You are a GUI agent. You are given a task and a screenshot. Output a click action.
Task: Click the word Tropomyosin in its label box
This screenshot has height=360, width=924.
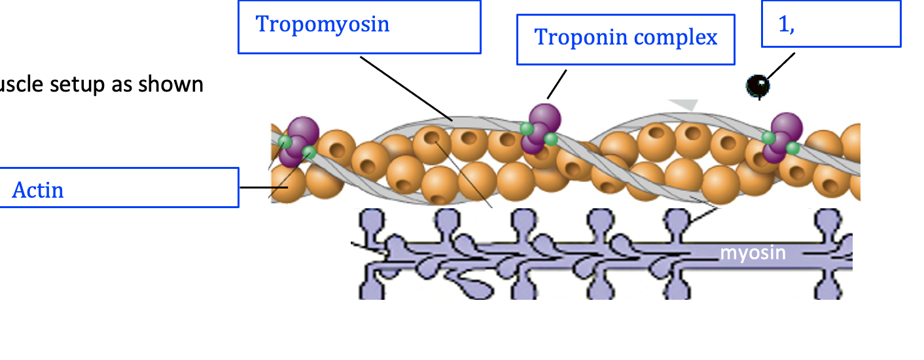(322, 25)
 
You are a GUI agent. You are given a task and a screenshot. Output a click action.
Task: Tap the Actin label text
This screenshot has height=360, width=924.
(38, 190)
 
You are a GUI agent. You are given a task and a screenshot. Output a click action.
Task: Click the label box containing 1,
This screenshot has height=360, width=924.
(831, 24)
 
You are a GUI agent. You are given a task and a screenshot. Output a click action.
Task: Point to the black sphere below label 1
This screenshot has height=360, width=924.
(758, 85)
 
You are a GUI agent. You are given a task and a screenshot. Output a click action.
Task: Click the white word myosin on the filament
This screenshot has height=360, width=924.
(753, 253)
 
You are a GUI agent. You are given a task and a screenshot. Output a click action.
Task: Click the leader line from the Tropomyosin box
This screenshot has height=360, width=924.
(406, 88)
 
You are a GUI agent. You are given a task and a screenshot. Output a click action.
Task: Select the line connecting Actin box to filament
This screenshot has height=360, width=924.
(254, 187)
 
